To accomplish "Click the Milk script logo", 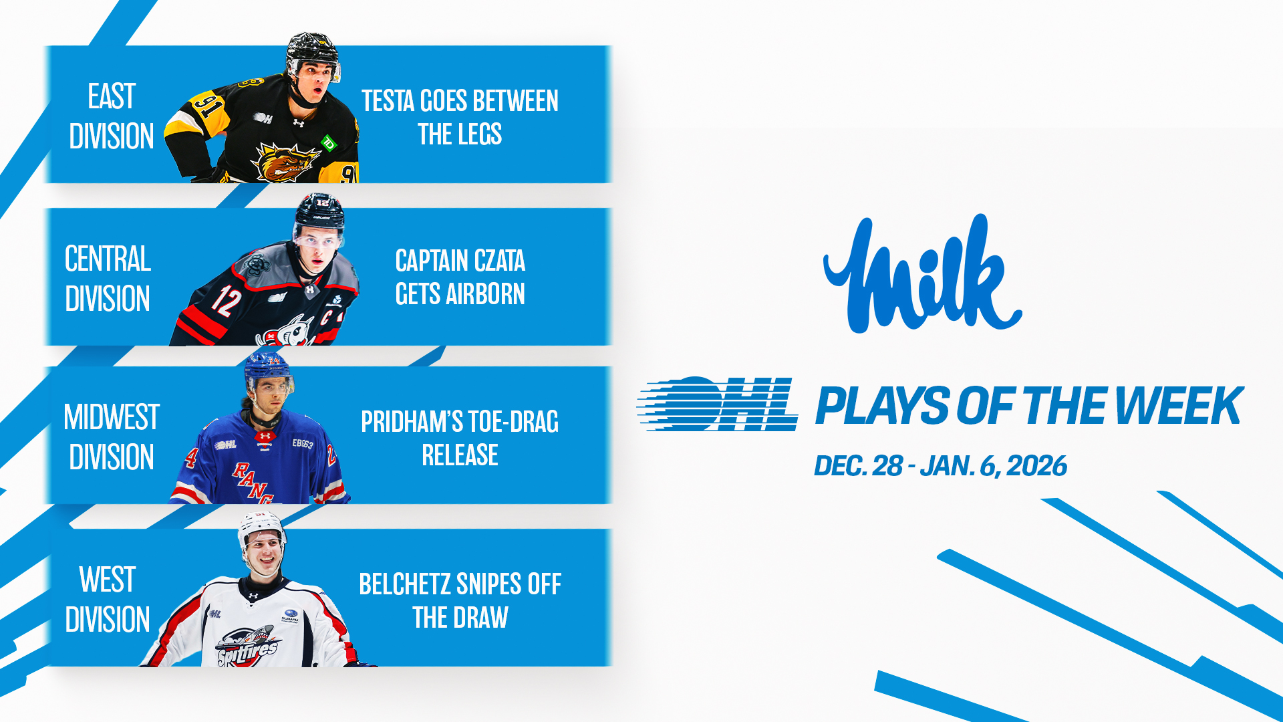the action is tap(922, 274).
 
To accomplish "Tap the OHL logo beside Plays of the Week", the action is tap(718, 404).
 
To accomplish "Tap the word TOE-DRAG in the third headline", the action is tap(513, 422).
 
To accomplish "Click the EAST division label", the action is tap(112, 96).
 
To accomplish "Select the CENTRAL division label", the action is tap(108, 259).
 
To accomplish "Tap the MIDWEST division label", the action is tap(112, 417).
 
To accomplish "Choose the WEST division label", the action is tap(108, 580).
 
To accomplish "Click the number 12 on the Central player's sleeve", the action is tap(226, 301).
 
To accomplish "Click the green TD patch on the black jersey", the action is tap(329, 142).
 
